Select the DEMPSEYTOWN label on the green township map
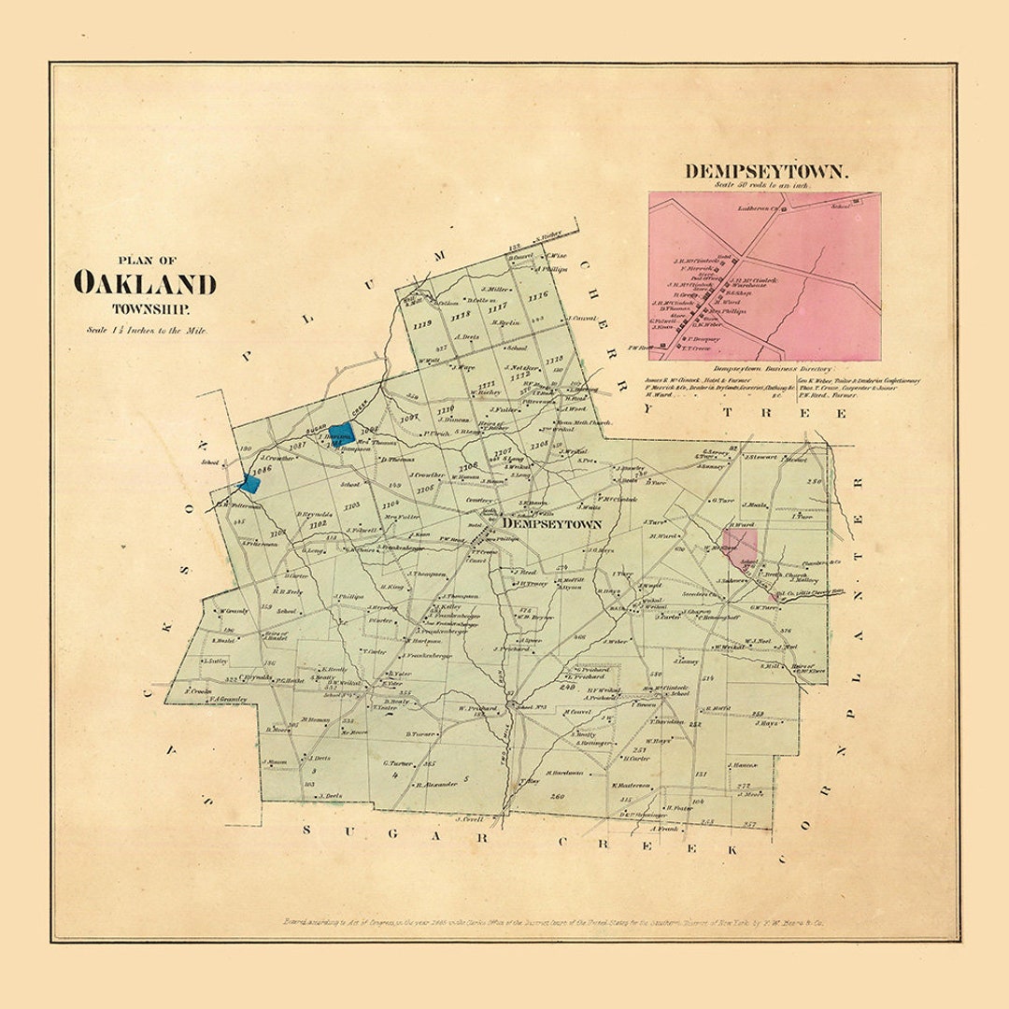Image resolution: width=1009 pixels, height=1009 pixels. click(x=551, y=525)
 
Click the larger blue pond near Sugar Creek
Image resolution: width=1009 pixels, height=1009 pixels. click(x=341, y=433)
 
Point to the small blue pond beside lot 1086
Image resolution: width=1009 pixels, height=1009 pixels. click(x=249, y=482)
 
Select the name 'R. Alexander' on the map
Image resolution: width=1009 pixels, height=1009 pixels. click(x=436, y=784)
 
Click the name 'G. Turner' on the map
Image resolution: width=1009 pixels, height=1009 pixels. click(x=398, y=763)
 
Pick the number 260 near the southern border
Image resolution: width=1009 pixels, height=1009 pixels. click(x=558, y=796)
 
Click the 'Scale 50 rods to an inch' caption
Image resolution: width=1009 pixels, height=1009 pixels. click(x=762, y=185)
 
